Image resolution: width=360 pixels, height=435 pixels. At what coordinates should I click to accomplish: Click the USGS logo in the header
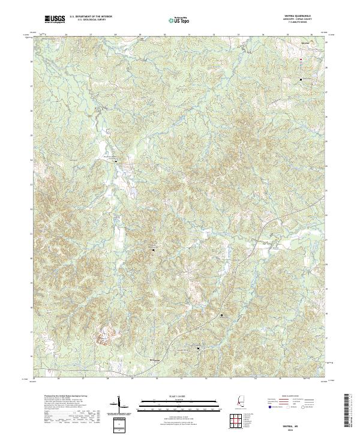tap(55, 20)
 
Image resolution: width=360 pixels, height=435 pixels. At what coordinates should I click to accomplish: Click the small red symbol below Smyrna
tap(301, 59)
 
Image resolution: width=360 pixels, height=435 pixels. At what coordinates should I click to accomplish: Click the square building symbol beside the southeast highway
tap(221, 314)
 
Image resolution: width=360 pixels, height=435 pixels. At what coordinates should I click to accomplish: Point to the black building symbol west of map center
tap(116, 161)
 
